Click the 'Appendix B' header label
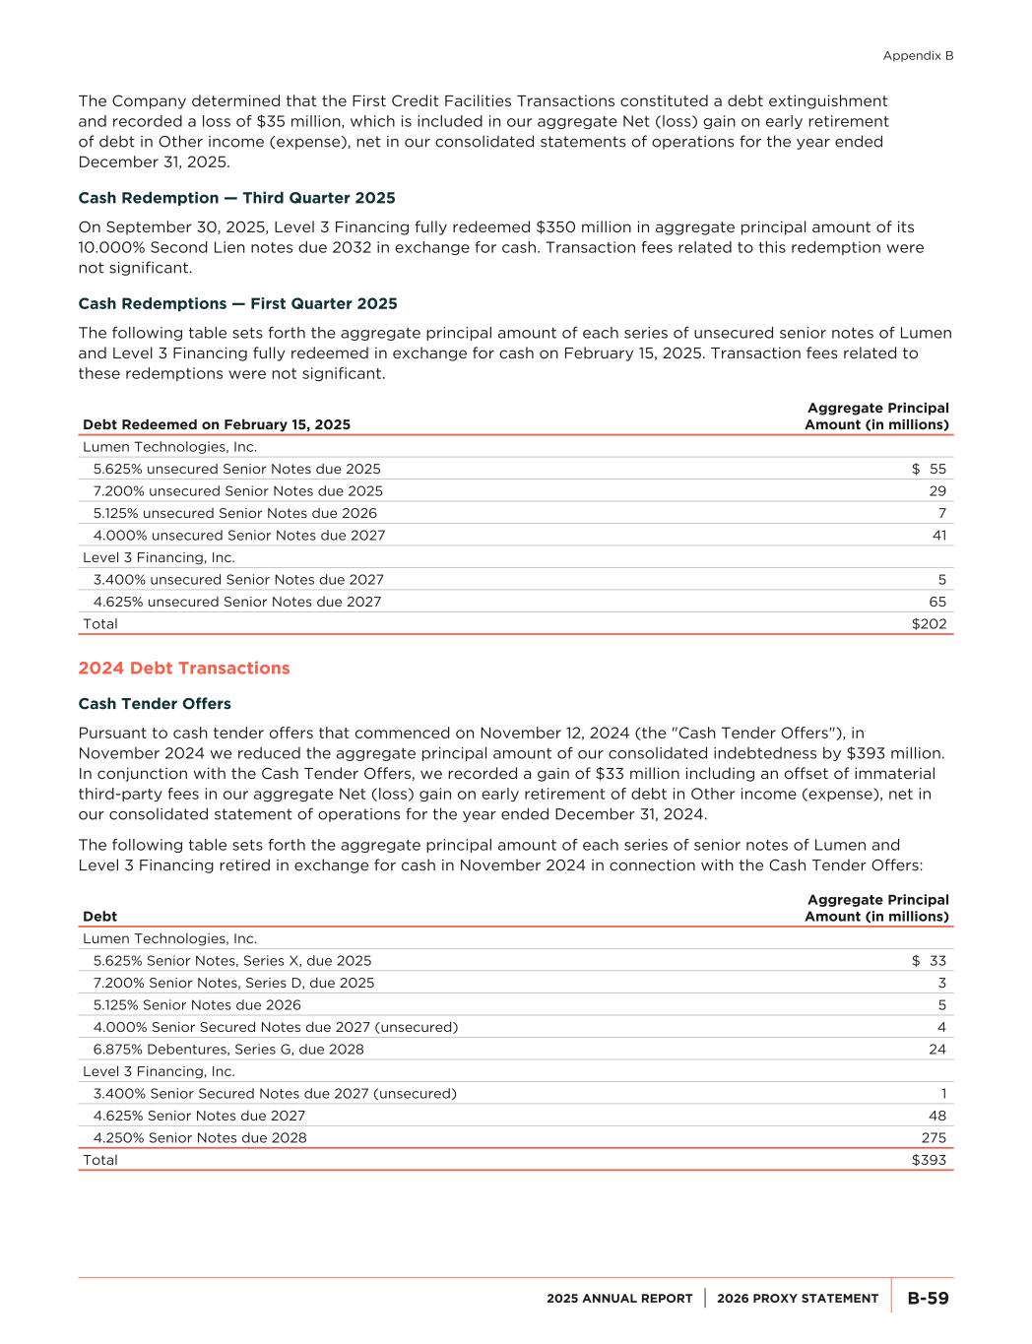(x=918, y=56)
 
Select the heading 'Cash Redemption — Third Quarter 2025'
(x=236, y=198)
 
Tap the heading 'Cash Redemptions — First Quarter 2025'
(x=237, y=303)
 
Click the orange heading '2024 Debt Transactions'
(x=184, y=669)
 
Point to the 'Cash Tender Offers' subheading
(x=155, y=704)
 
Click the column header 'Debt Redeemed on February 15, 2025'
(x=217, y=425)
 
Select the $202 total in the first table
(x=929, y=624)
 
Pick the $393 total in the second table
(x=929, y=1161)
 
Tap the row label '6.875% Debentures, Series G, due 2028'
(x=228, y=1050)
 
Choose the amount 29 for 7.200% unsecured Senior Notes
(x=937, y=491)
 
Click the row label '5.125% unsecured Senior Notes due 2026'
(x=235, y=513)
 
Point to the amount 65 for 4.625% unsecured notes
(x=937, y=602)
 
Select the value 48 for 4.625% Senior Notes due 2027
(x=937, y=1117)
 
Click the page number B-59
(x=928, y=1299)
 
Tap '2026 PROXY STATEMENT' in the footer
(x=798, y=1299)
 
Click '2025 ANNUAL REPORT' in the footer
(x=619, y=1299)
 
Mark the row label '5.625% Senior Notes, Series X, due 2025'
(x=232, y=961)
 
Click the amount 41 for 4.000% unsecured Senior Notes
(x=938, y=536)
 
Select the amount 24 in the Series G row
(x=937, y=1050)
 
